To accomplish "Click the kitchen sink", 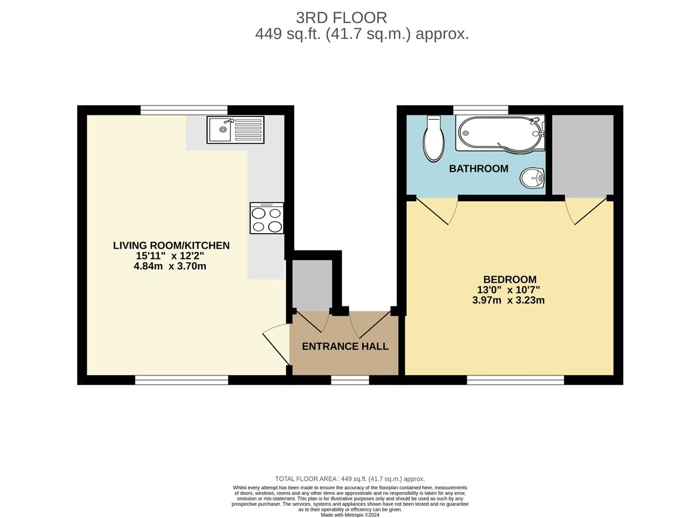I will click(x=235, y=130).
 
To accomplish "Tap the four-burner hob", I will click(x=267, y=218).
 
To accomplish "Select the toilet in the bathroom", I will click(x=433, y=139).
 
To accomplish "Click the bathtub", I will click(x=499, y=133).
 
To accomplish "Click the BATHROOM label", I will click(x=479, y=168).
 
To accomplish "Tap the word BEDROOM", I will click(x=509, y=280).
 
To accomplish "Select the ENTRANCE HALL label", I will click(x=345, y=346).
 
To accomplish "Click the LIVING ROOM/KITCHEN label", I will click(x=171, y=246).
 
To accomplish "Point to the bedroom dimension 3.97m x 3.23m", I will click(x=508, y=300).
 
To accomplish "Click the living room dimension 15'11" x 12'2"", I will click(x=170, y=256).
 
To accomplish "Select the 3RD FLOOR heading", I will click(x=341, y=18).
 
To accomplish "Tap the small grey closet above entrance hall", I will click(x=312, y=284).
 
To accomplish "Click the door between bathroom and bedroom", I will click(x=438, y=211).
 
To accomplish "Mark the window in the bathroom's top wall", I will click(x=480, y=110).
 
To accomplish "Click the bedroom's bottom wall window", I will click(x=515, y=380).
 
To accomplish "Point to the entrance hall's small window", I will click(x=350, y=380).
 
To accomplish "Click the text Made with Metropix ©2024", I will click(x=350, y=515).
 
